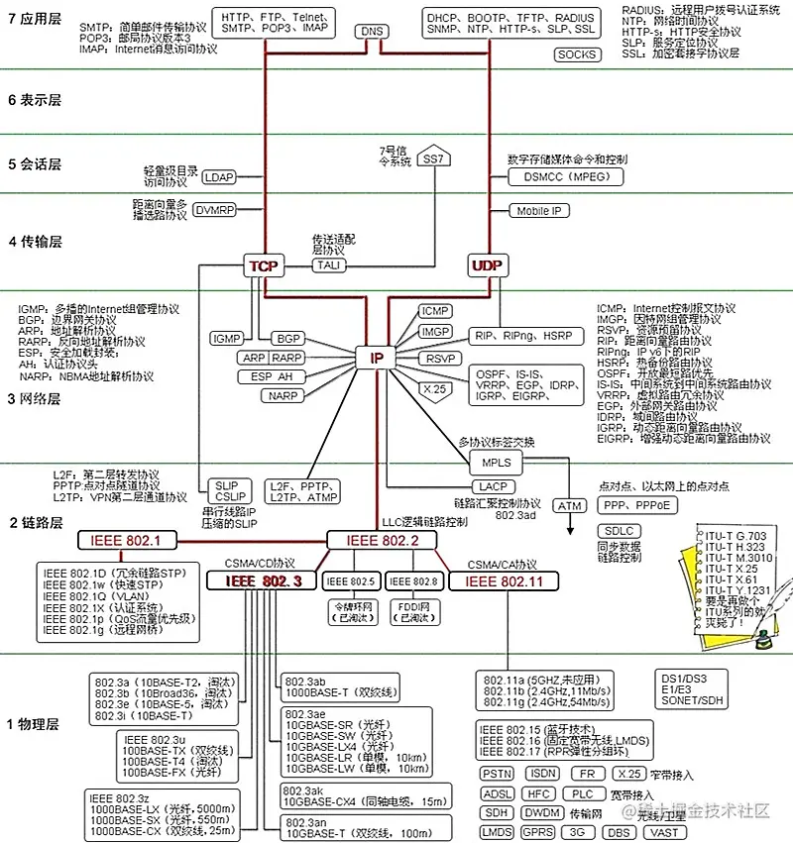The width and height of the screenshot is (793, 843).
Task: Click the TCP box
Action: (x=263, y=265)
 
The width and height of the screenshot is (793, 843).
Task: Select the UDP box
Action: (x=487, y=265)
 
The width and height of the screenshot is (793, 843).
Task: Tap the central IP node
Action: (x=376, y=358)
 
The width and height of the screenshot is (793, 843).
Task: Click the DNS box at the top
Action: (x=372, y=32)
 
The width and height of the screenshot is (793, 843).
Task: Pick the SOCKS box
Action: (x=576, y=54)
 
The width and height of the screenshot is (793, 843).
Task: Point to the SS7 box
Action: (x=433, y=158)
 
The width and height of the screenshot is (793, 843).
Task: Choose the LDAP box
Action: (x=219, y=178)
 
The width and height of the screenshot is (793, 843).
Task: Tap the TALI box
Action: (x=327, y=265)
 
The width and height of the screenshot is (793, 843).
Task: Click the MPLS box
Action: (x=496, y=463)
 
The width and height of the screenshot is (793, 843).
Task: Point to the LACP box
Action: (x=493, y=486)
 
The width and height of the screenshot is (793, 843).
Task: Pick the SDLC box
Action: (x=619, y=532)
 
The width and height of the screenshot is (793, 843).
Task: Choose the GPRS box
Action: (x=538, y=832)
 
